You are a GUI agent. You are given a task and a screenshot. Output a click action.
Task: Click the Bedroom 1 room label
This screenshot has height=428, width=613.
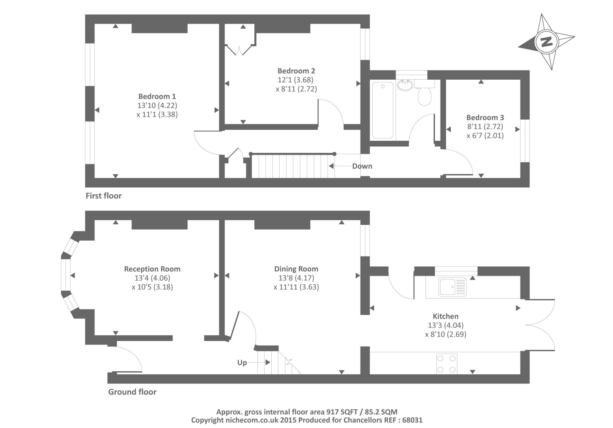tap(157, 96)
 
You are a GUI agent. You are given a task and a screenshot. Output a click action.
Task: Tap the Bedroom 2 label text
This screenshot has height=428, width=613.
tap(297, 71)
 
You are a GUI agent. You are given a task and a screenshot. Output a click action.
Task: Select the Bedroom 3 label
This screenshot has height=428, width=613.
tap(485, 117)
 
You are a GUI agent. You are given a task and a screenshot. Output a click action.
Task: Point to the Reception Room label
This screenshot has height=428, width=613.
tap(152, 269)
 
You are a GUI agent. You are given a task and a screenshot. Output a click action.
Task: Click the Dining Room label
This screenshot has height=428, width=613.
tap(296, 269)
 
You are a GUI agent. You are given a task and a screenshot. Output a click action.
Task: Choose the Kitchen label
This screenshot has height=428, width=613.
tap(446, 316)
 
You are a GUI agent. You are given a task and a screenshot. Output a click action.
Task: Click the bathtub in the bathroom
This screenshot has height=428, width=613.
tap(383, 110)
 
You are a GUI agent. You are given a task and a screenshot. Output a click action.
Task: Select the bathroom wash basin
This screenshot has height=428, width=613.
tap(405, 85)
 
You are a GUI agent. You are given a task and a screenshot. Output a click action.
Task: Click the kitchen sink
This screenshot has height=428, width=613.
tap(452, 287)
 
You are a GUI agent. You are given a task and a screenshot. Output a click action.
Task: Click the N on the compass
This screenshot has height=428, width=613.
tap(546, 42)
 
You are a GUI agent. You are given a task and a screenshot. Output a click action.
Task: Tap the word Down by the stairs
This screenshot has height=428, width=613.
tap(362, 166)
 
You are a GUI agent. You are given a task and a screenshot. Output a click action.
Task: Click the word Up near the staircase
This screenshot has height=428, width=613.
tap(242, 362)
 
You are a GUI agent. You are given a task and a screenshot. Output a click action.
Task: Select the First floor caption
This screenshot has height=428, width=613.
tap(103, 196)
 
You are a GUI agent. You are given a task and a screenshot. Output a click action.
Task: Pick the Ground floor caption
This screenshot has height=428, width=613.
tap(132, 392)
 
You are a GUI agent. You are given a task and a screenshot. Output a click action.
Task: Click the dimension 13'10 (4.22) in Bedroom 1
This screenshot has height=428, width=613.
tap(157, 105)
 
